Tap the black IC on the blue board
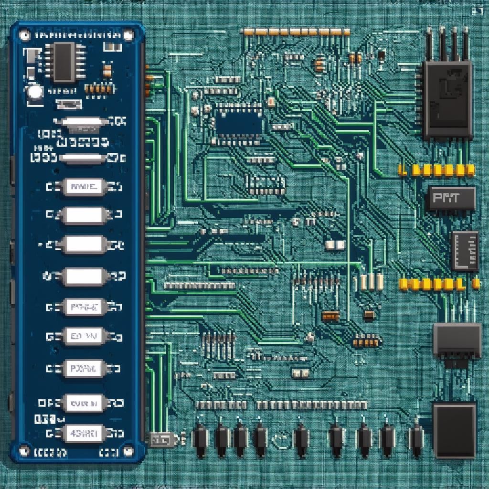[x=64, y=62]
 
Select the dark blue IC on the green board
[x=239, y=122]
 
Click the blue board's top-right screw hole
[x=128, y=35]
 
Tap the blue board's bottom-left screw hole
[x=24, y=449]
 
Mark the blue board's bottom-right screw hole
[x=128, y=449]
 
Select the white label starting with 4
[x=83, y=433]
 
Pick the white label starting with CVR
[x=83, y=404]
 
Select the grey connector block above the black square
[x=457, y=340]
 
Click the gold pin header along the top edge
[x=296, y=32]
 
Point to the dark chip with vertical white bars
[x=465, y=251]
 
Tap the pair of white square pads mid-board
[x=335, y=245]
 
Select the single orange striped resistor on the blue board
[x=107, y=71]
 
